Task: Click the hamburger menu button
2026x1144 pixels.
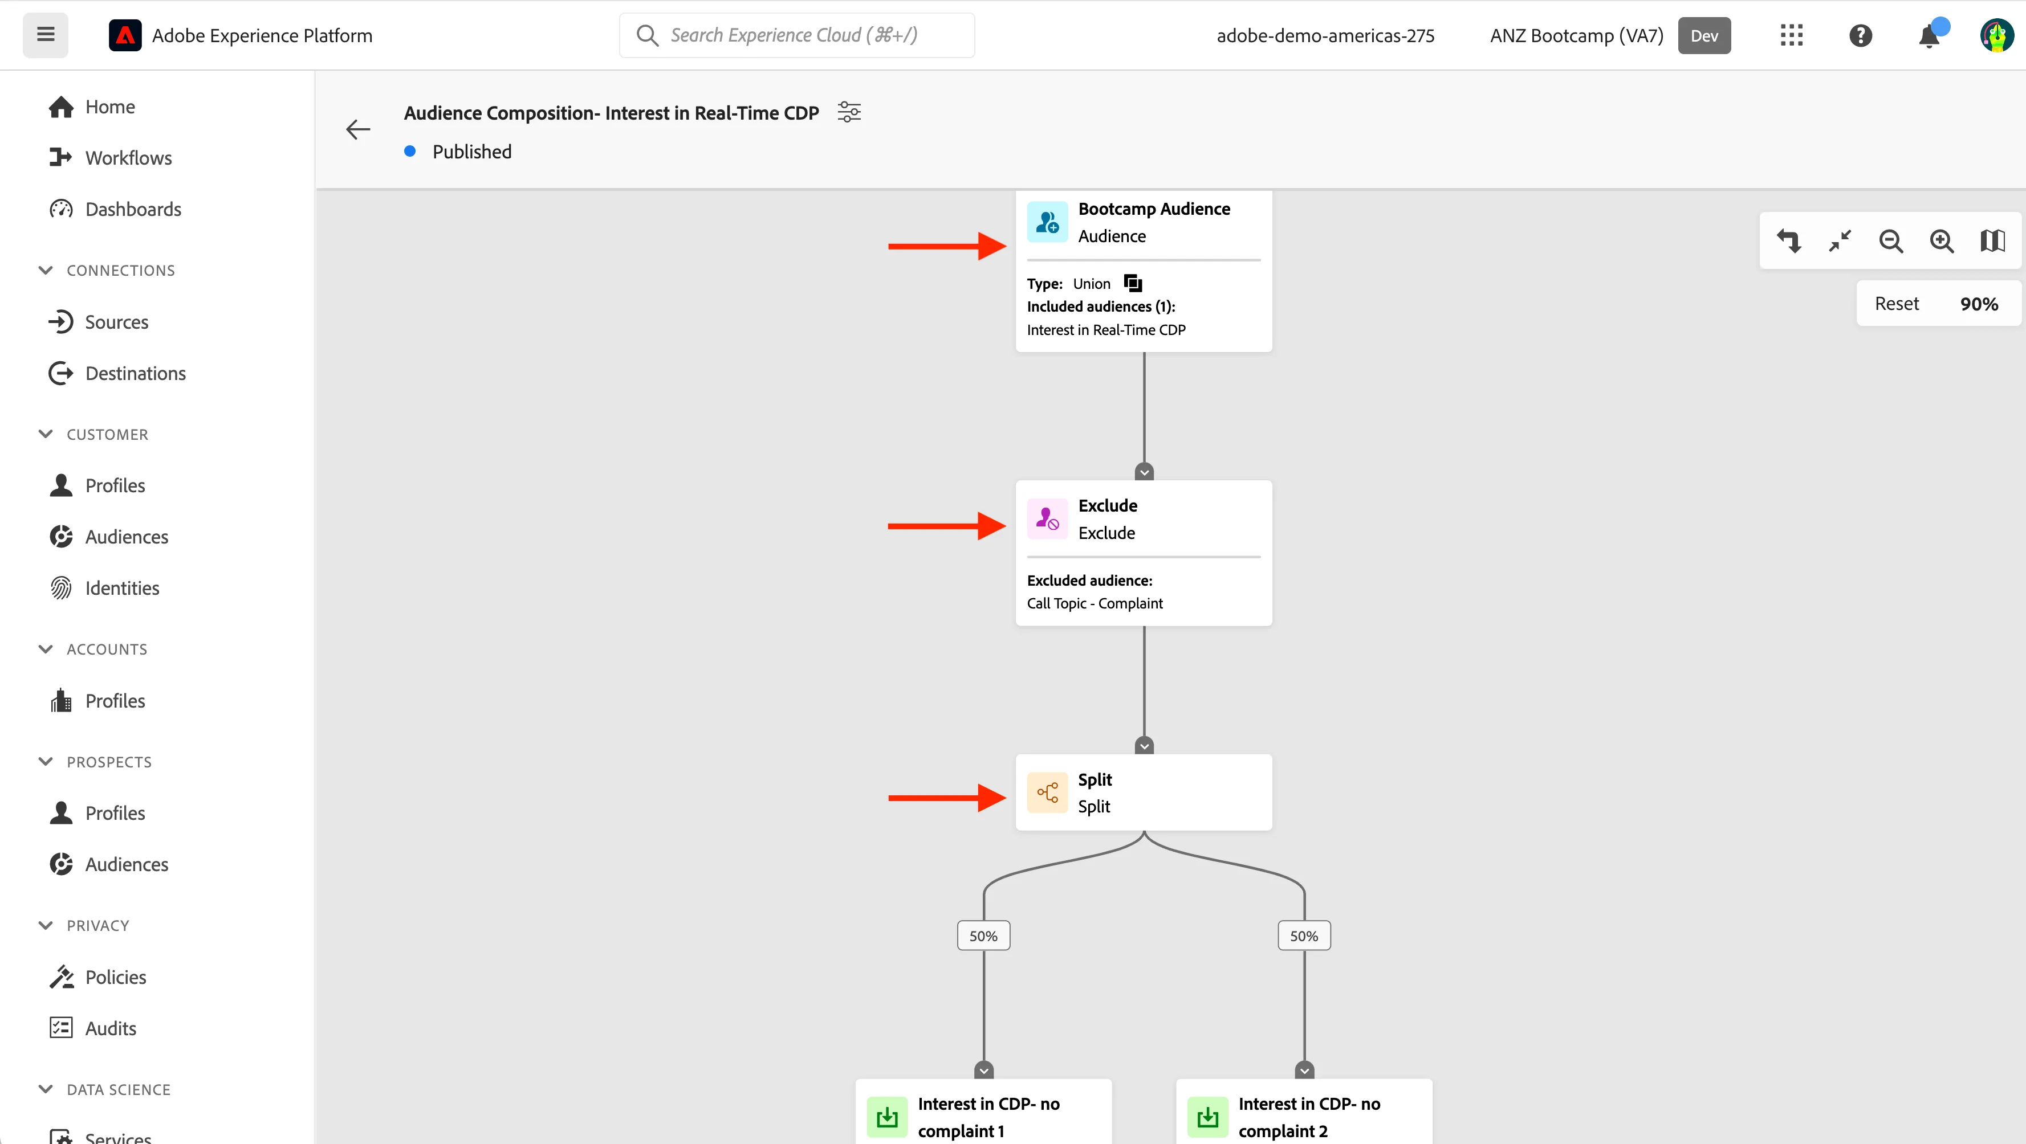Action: tap(46, 35)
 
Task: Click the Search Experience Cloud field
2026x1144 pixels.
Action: tap(797, 35)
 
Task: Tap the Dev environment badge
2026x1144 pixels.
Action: tap(1704, 35)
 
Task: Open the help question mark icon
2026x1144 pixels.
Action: tap(1860, 35)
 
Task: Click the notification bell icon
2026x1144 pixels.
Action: tap(1929, 36)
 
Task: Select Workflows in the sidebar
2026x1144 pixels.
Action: tap(128, 158)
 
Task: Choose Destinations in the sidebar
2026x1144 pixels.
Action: tap(135, 374)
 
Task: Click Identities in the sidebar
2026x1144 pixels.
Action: tap(122, 588)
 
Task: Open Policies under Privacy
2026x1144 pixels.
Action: tap(116, 977)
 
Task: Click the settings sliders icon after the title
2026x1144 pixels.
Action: tap(849, 112)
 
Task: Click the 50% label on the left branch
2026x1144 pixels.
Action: tap(983, 935)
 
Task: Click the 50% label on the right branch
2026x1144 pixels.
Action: tap(1304, 935)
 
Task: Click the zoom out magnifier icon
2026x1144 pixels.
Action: tap(1891, 240)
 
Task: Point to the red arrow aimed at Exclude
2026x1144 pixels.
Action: tap(947, 526)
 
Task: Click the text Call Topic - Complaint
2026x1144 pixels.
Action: tap(1095, 603)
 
